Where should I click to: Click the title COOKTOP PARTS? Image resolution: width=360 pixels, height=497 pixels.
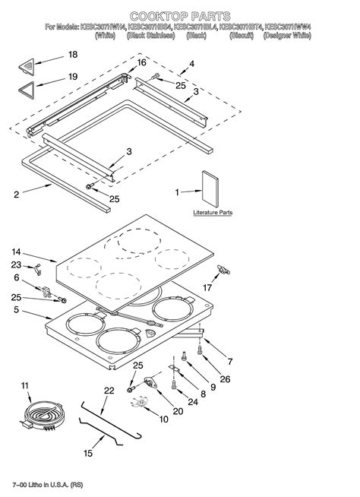(x=179, y=15)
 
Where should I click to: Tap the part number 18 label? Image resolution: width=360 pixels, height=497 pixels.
(x=73, y=55)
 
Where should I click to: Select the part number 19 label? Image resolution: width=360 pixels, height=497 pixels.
(x=73, y=77)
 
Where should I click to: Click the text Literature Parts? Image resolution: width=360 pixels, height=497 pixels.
(x=213, y=214)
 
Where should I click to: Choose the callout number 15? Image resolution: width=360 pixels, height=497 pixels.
(x=88, y=454)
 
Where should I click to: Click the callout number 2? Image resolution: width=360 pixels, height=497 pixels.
(x=16, y=195)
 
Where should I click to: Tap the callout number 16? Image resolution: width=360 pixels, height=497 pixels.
(x=141, y=62)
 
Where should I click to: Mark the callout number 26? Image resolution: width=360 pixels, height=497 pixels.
(x=224, y=380)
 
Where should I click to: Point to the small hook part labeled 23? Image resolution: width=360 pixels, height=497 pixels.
(x=35, y=267)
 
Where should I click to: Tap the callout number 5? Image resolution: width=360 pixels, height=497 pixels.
(x=16, y=309)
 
